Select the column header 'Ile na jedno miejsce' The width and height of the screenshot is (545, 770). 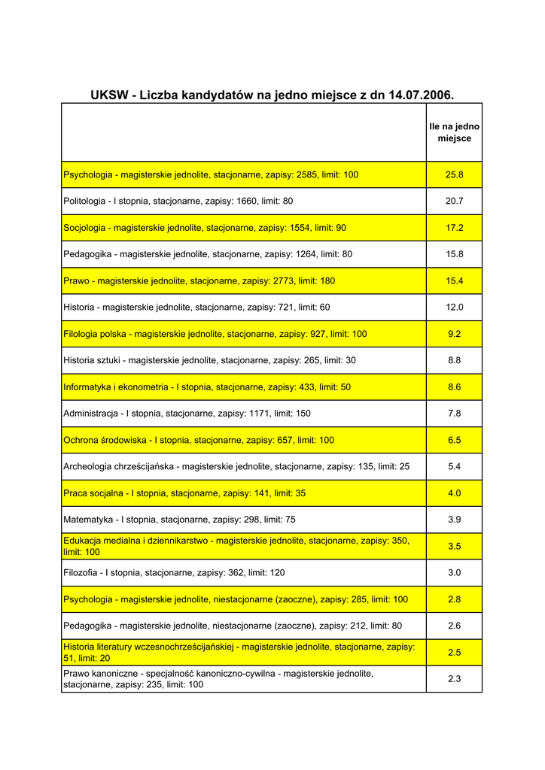(x=454, y=132)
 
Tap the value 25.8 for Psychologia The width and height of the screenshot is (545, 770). (x=454, y=174)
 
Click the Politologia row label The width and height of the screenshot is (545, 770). (x=178, y=202)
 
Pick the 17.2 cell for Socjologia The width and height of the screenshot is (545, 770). (x=454, y=228)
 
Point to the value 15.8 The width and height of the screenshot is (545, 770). (x=454, y=254)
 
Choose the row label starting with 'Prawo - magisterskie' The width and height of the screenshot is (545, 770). (x=199, y=280)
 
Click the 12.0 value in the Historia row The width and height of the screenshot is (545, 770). (x=454, y=308)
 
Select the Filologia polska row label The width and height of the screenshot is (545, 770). (x=215, y=334)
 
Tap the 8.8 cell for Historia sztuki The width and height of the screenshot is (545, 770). (x=454, y=360)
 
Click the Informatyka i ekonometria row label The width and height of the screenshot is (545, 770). (x=207, y=387)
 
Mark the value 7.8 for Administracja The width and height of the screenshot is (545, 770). (x=454, y=414)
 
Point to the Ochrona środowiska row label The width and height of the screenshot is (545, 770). (x=199, y=440)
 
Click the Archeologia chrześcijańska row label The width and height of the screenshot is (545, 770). (x=236, y=467)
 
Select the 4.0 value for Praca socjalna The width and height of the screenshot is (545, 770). (x=454, y=493)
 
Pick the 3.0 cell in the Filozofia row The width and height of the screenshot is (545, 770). (x=454, y=573)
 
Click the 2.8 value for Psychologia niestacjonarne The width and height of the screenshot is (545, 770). (x=454, y=599)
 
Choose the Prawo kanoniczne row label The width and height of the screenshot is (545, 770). (x=218, y=679)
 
